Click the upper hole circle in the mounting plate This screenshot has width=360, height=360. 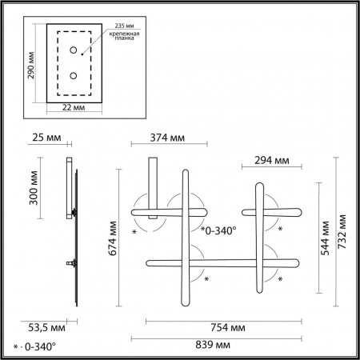[74, 51]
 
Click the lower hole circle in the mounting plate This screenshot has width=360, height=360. [74, 76]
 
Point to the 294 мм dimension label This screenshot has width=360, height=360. [270, 160]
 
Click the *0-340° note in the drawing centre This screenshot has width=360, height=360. [218, 231]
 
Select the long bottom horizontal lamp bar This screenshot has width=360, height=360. [224, 262]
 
